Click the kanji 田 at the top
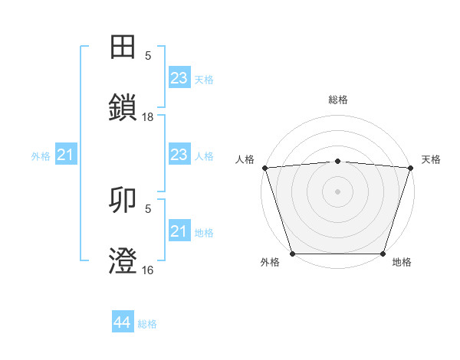click(x=123, y=48)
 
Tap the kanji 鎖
click(x=123, y=107)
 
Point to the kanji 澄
click(x=123, y=260)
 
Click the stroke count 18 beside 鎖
click(x=148, y=116)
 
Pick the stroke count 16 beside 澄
click(x=148, y=270)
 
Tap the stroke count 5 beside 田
click(x=148, y=56)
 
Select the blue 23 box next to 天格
click(x=179, y=78)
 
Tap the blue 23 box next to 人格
click(x=179, y=155)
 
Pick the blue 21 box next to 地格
click(x=179, y=231)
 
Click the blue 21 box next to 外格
click(x=65, y=155)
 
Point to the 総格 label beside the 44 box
click(x=147, y=324)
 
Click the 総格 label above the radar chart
click(x=337, y=100)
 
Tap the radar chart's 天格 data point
click(x=410, y=168)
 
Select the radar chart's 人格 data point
click(x=264, y=168)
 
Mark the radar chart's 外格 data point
click(x=292, y=254)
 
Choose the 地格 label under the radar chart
click(x=402, y=263)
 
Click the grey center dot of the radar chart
click(x=337, y=191)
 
